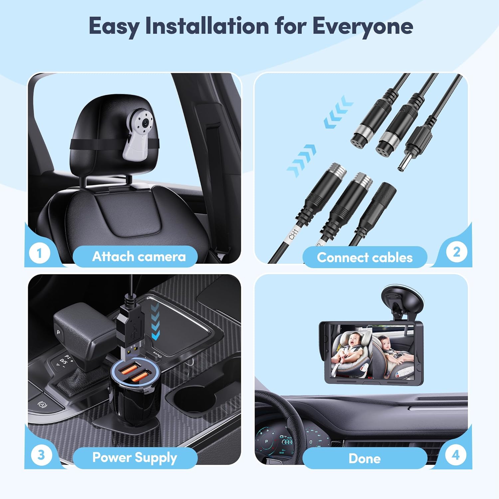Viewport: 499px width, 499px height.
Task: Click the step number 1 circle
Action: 40,253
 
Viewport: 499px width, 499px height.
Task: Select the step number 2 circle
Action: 456,252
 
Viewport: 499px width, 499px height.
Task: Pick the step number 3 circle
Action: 41,455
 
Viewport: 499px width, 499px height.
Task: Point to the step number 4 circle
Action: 455,455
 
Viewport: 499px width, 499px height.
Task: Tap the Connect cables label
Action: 365,257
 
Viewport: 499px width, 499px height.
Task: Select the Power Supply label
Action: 134,458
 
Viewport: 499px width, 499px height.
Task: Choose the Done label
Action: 365,458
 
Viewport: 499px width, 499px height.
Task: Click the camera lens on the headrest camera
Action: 145,123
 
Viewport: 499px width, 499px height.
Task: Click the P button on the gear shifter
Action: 59,332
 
